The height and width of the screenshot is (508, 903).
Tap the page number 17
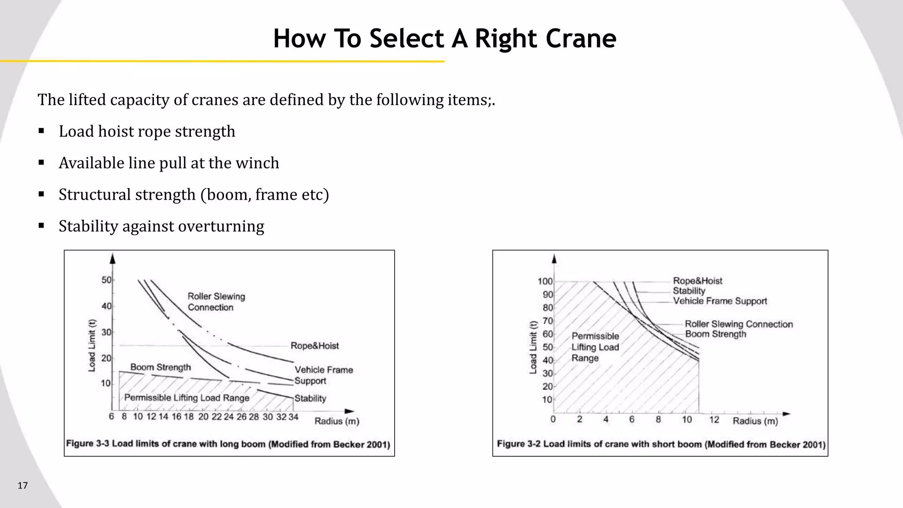click(22, 486)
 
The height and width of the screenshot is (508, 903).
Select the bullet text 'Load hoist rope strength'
click(147, 131)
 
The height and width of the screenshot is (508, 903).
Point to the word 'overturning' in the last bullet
click(221, 226)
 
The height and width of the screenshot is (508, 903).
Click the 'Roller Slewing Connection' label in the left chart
click(216, 302)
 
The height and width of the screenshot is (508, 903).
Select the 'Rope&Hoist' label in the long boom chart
click(314, 346)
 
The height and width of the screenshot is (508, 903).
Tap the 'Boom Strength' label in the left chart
click(160, 367)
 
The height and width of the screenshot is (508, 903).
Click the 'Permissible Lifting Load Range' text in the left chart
click(187, 398)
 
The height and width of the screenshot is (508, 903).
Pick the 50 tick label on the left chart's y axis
click(106, 280)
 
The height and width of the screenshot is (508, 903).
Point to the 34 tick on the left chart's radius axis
click(293, 417)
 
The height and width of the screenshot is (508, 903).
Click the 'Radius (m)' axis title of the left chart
click(337, 421)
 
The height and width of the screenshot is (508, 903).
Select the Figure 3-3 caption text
click(228, 444)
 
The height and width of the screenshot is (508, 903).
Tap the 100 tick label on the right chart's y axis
click(545, 281)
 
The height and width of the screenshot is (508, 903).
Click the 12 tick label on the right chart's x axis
click(714, 420)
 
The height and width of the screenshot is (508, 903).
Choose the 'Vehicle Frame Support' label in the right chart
click(720, 301)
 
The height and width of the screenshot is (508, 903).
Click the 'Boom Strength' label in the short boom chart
click(716, 334)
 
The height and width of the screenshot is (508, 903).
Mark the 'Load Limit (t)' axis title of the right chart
click(533, 347)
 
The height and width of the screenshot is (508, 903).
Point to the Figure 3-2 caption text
click(661, 444)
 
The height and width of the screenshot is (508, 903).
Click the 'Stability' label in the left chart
click(310, 399)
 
